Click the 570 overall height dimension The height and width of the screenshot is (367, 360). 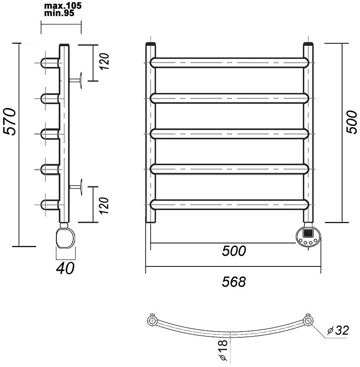10,122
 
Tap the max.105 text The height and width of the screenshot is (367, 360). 63,5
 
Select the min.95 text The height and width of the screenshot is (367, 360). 59,13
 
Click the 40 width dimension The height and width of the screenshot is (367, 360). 65,268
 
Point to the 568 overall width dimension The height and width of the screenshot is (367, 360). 234,281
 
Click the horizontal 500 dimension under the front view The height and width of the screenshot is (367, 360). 234,251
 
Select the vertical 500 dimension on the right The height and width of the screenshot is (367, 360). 352,122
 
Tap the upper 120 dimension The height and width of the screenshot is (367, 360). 104,61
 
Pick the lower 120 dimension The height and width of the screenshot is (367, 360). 104,205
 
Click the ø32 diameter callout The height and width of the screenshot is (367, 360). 338,330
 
